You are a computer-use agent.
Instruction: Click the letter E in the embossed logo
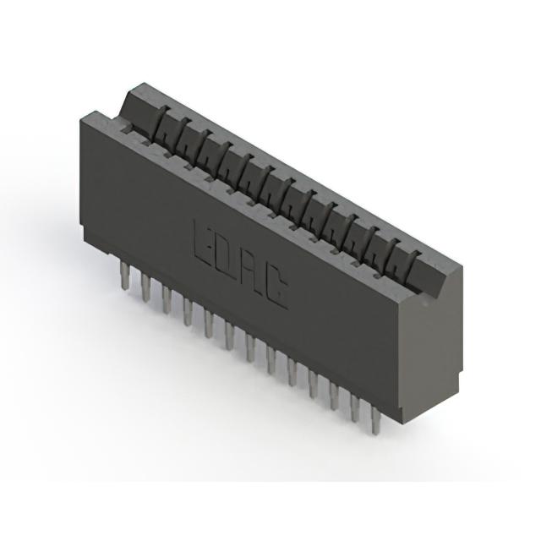[x=203, y=243]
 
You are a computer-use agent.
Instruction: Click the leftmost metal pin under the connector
[x=124, y=275]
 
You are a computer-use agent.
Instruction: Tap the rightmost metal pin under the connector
[x=375, y=420]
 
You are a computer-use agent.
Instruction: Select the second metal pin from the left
[x=146, y=288]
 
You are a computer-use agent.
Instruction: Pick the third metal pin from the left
[x=167, y=300]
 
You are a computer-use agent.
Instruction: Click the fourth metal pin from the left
[x=188, y=312]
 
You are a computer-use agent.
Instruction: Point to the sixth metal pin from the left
[x=229, y=336]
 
